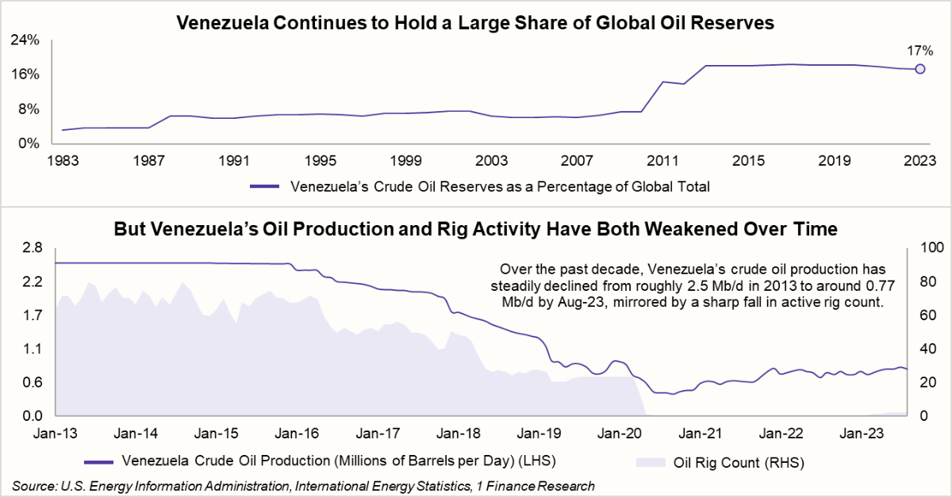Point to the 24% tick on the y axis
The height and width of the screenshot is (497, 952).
28,40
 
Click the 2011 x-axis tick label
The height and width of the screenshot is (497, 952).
662,160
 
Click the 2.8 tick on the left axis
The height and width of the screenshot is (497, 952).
32,248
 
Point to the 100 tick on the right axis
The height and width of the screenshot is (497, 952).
928,248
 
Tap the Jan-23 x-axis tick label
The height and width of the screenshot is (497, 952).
862,434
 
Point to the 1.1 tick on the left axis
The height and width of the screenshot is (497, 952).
32,349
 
